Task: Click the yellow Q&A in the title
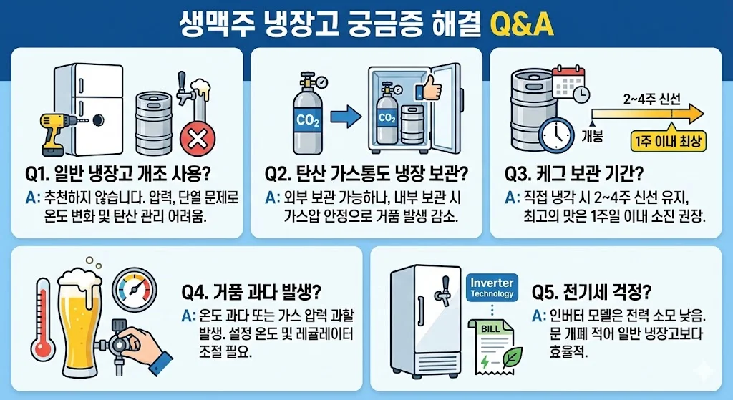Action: [x=521, y=24]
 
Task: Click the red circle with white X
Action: [x=198, y=138]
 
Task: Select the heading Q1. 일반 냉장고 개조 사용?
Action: [x=118, y=174]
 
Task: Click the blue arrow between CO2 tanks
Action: [x=346, y=117]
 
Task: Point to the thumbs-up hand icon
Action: [x=429, y=87]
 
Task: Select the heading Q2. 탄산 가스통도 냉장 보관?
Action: [x=366, y=174]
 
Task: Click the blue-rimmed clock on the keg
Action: [x=556, y=135]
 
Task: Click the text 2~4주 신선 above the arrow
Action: [x=651, y=99]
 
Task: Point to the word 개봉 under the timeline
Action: [x=592, y=136]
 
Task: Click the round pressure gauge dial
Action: [x=135, y=289]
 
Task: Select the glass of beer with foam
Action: [x=79, y=323]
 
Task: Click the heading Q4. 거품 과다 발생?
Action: [x=251, y=293]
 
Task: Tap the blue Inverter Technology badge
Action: [x=492, y=288]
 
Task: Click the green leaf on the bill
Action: [x=512, y=357]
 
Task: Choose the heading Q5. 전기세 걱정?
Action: [x=591, y=293]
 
